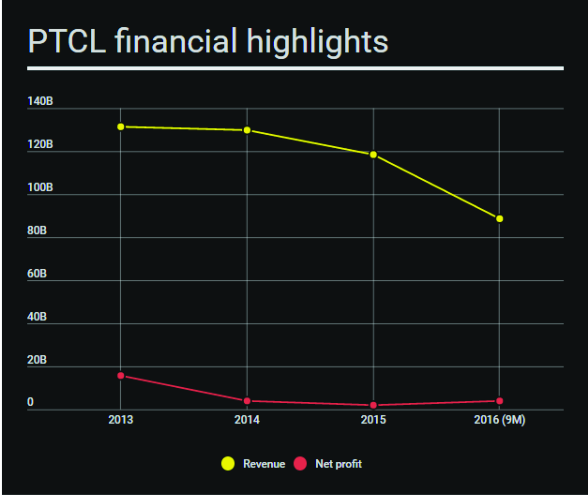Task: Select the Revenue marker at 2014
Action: [247, 130]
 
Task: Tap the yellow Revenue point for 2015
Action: [373, 155]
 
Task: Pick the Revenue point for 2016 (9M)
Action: [499, 219]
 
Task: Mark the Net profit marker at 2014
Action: [247, 401]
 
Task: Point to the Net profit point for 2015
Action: [373, 405]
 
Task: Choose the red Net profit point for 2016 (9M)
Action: [499, 401]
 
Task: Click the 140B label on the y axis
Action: [40, 101]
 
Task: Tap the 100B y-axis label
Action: [40, 187]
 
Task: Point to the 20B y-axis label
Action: [37, 360]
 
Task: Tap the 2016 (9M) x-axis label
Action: [499, 420]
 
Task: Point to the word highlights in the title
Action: [317, 42]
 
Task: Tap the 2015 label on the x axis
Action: [373, 420]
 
